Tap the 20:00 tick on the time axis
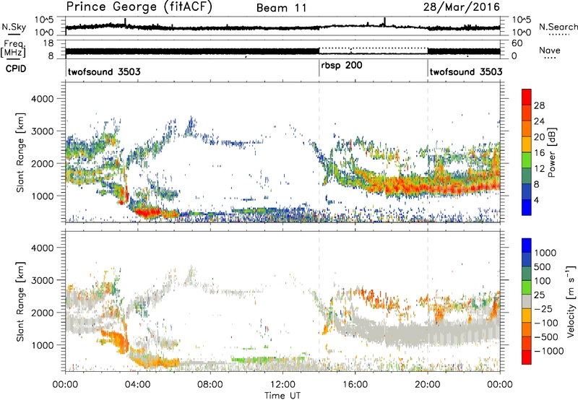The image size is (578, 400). (428, 383)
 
